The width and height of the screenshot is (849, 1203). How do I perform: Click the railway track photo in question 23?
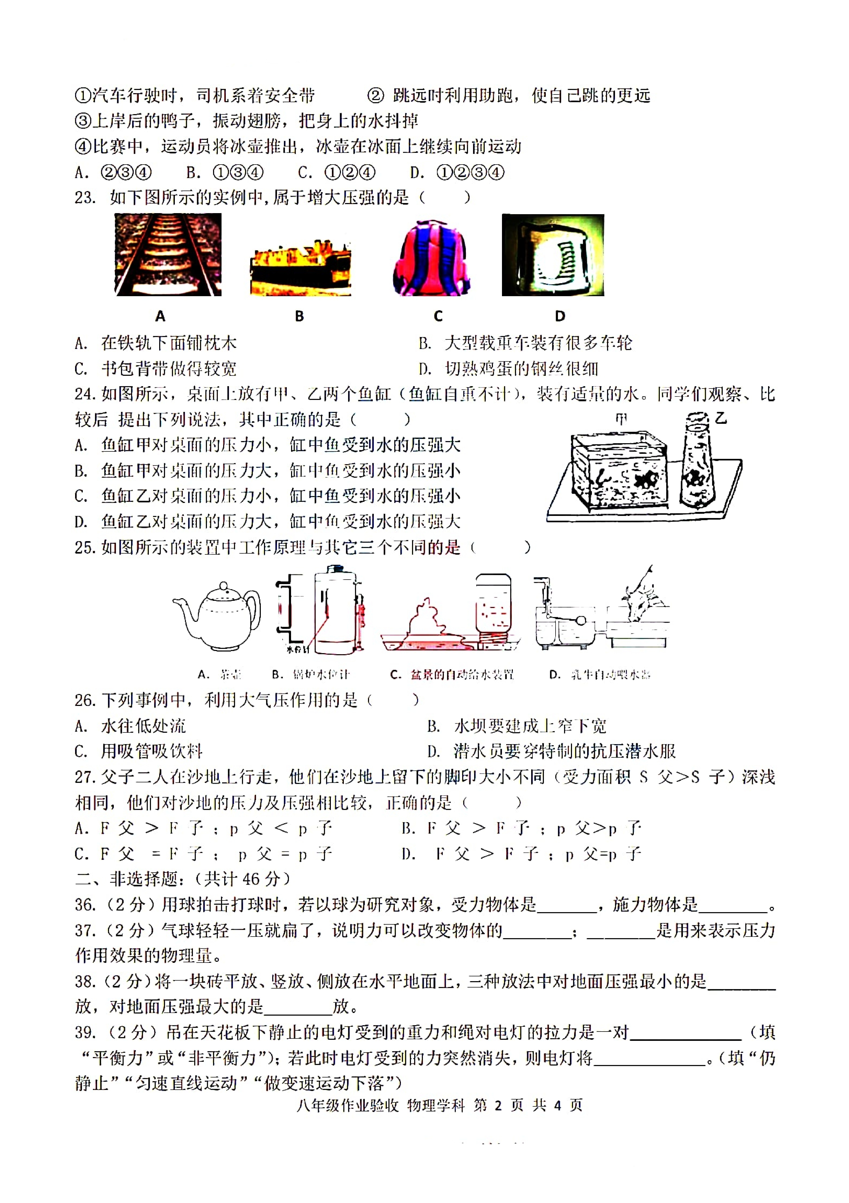(x=168, y=255)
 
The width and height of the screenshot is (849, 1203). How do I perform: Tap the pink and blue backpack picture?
(x=432, y=258)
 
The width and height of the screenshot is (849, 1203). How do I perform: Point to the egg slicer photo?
(x=553, y=255)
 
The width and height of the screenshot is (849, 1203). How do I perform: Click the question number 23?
(x=85, y=197)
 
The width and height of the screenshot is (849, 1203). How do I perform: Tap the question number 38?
(x=85, y=981)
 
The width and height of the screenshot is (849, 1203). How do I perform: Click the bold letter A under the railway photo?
(x=160, y=316)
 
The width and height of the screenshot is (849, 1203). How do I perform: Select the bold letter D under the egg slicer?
(x=560, y=316)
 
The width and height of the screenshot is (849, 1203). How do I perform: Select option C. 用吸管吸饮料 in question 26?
(x=139, y=751)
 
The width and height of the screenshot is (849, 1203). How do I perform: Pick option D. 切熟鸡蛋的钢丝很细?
(x=508, y=369)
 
